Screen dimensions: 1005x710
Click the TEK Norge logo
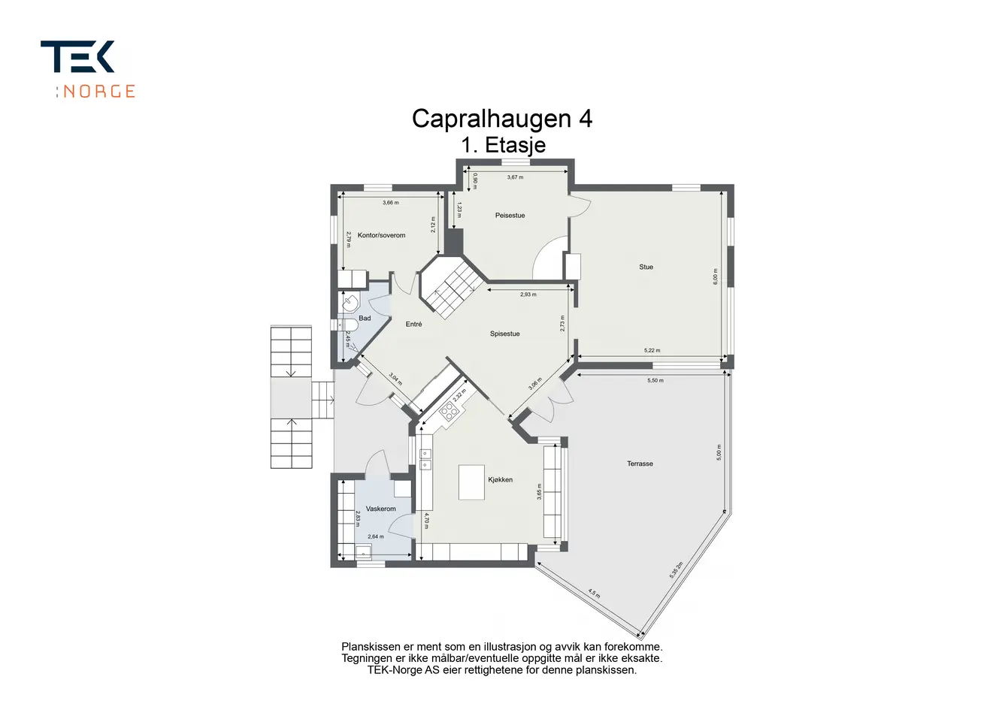click(88, 69)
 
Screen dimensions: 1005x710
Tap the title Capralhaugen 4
click(502, 119)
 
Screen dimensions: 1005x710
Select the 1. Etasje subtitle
click(504, 145)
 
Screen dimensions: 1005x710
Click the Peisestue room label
click(510, 216)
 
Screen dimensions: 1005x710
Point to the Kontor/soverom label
click(381, 235)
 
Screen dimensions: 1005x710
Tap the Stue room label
click(646, 267)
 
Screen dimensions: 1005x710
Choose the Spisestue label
click(504, 334)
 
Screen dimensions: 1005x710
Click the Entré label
click(413, 324)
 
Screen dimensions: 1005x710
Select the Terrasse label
click(640, 464)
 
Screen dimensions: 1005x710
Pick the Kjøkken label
click(501, 479)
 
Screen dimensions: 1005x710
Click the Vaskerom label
click(381, 509)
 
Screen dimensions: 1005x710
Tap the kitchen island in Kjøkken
click(471, 482)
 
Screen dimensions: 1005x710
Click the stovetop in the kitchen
click(449, 411)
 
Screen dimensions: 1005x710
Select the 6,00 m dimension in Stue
click(716, 276)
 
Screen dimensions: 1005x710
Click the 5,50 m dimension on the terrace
click(655, 380)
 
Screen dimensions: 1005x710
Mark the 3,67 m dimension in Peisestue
click(515, 177)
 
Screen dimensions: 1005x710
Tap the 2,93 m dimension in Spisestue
click(528, 295)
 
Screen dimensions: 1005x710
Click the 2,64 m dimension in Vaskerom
click(376, 536)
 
